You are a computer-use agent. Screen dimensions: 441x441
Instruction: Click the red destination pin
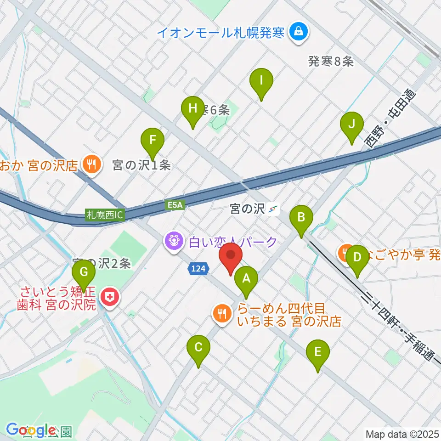click(231, 258)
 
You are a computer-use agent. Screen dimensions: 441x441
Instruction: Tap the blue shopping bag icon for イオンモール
click(299, 32)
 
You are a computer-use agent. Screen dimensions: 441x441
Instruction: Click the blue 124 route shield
click(199, 268)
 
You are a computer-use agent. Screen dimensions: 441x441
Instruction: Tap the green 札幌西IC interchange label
click(105, 215)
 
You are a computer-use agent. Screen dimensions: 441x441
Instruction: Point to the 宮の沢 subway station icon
click(274, 209)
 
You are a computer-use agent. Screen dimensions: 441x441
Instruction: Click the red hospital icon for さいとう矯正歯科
click(109, 298)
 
